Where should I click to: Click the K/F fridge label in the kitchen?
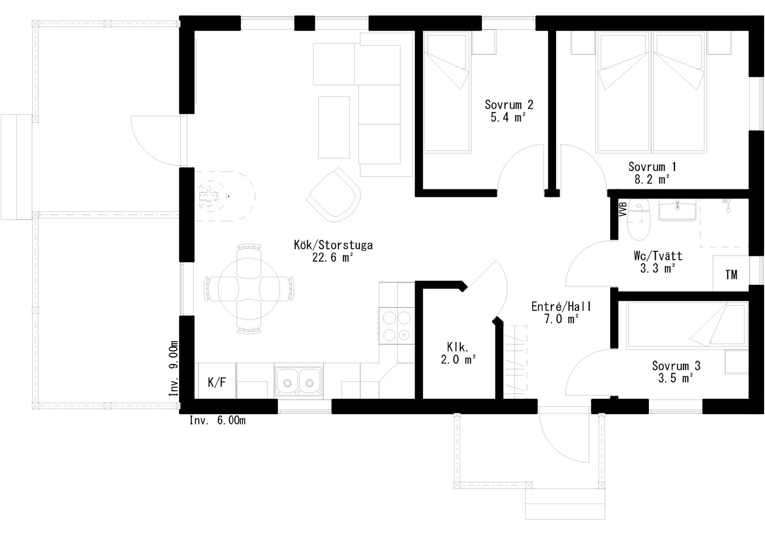[x=217, y=382]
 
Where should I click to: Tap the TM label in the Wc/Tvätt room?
[x=731, y=275]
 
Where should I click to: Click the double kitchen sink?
[x=298, y=381]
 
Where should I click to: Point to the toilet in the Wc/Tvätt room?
[x=638, y=220]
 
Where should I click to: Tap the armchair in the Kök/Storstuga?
[x=333, y=195]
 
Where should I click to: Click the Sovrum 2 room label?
[x=509, y=104]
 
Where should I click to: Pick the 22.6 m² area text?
[x=333, y=257]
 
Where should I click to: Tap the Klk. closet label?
[x=458, y=347]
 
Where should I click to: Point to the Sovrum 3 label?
[x=676, y=366]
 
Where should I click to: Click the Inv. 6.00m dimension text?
[x=218, y=420]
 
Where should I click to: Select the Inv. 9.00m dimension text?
[x=173, y=369]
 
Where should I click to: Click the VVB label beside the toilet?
[x=622, y=209]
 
